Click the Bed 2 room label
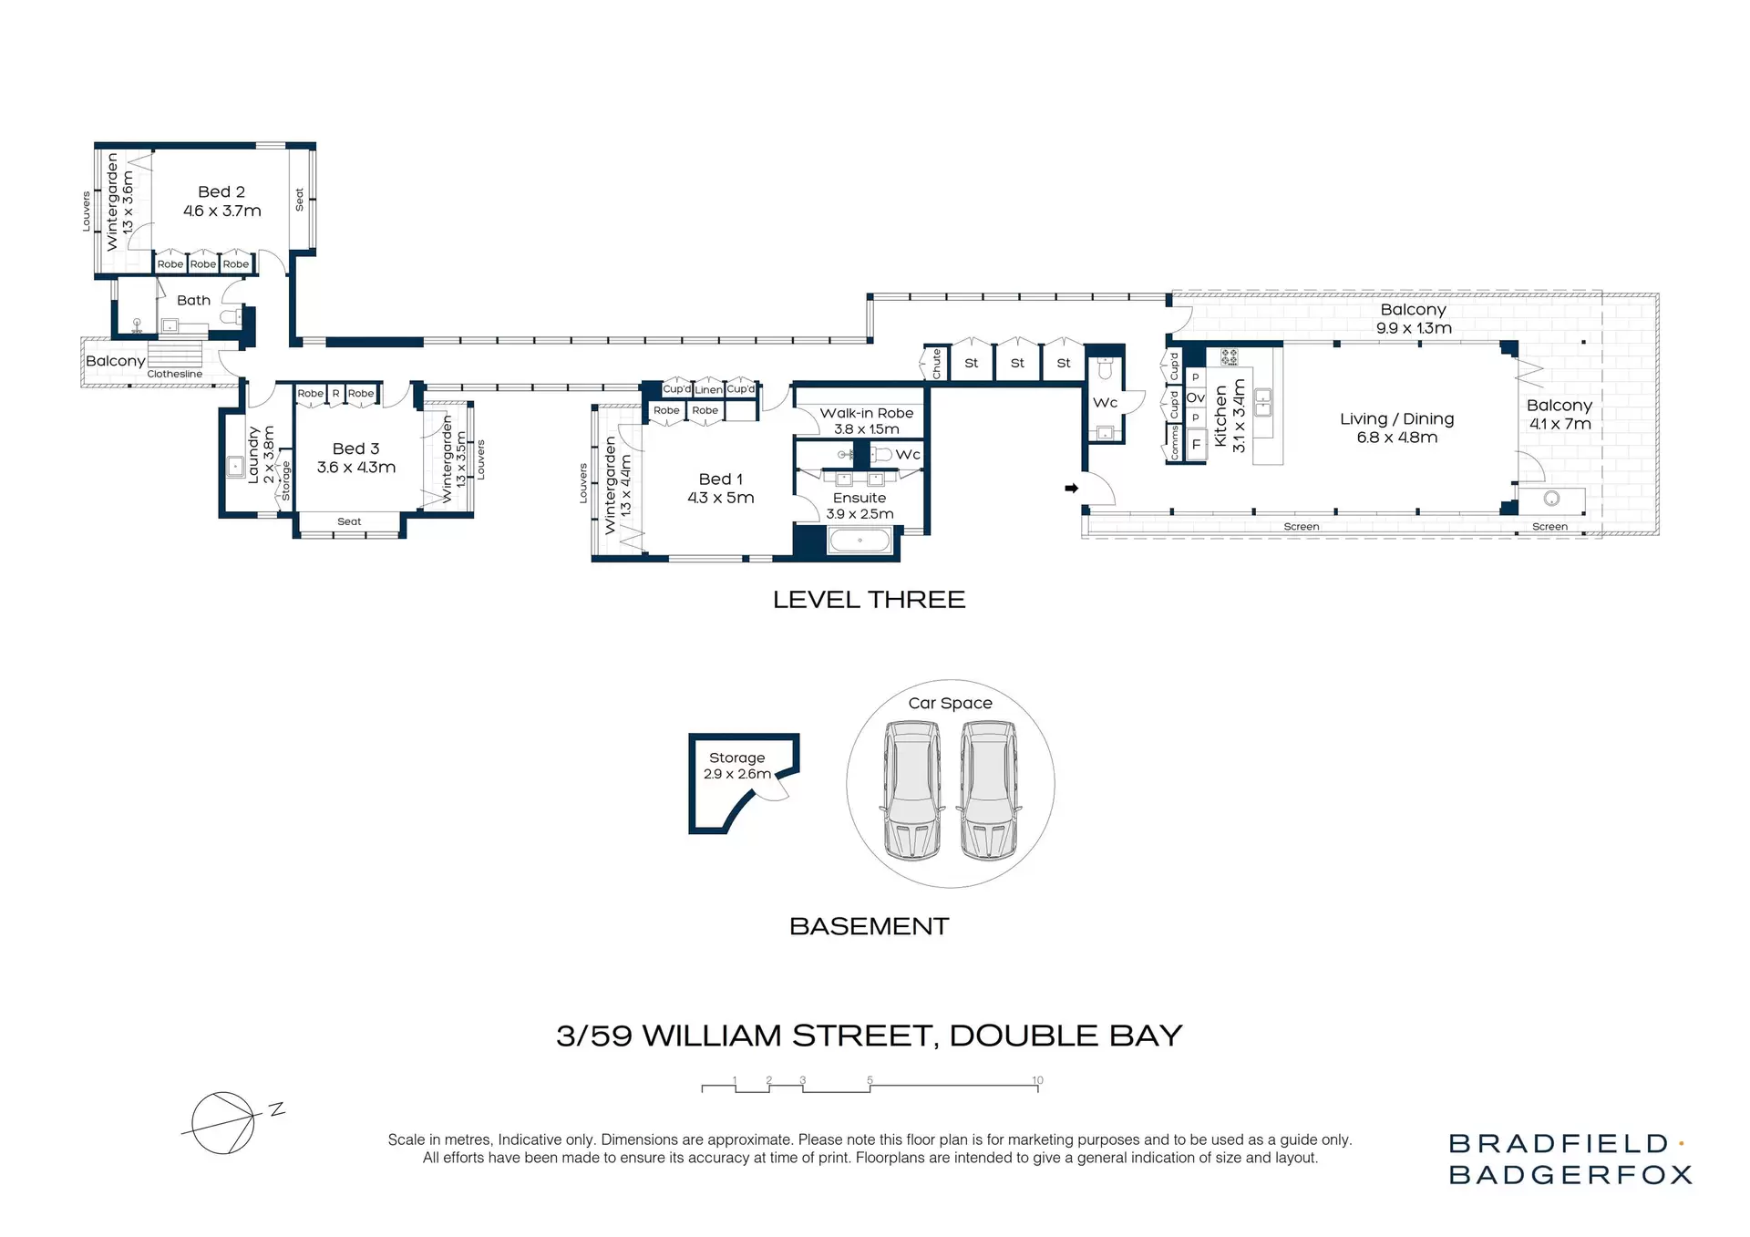221,201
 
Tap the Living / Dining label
1396,428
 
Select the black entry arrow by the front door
1072,489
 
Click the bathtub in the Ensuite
860,541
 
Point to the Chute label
936,364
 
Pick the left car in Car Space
911,789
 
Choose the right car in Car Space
989,789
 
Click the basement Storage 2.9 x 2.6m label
737,766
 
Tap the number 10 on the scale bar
1037,1080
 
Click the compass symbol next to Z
222,1123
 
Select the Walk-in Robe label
866,420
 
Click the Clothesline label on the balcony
175,374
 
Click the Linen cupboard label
708,389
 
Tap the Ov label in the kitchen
1195,397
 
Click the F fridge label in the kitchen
1196,445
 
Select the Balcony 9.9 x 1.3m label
1414,318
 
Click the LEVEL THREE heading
869,600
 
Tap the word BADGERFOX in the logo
1570,1175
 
